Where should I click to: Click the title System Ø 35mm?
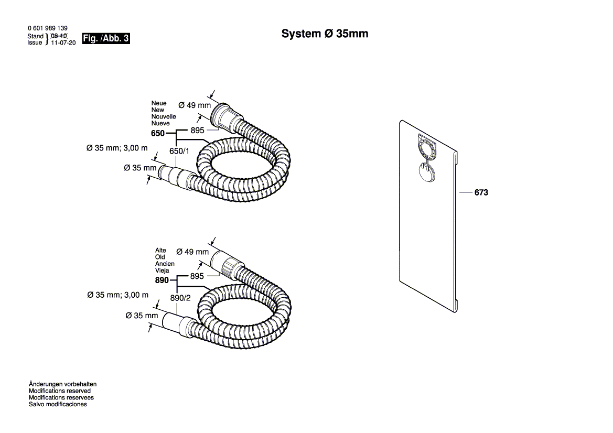click(325, 34)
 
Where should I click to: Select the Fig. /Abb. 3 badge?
click(106, 39)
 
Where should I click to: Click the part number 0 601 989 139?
click(47, 28)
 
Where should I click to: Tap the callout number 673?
click(481, 193)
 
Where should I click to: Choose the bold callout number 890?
click(162, 280)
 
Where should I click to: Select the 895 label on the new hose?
click(197, 130)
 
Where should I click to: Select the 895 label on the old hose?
click(197, 276)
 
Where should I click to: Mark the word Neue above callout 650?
click(159, 103)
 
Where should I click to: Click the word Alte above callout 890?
click(160, 251)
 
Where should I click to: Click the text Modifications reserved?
click(59, 391)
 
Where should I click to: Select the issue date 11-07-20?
click(63, 43)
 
